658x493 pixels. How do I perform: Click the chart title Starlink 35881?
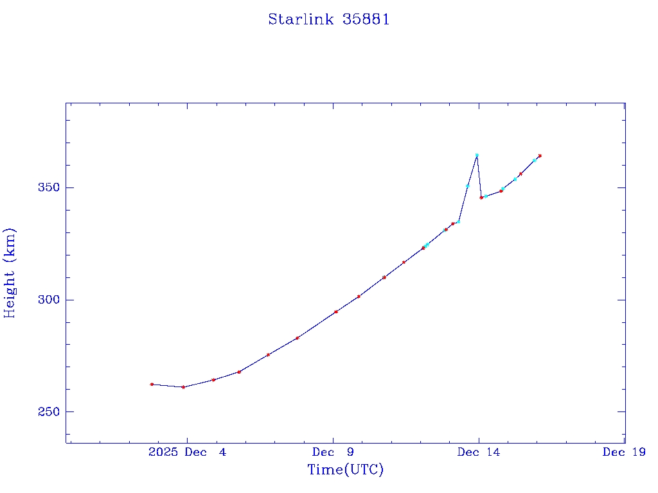coord(329,20)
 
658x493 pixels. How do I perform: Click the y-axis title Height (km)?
coord(10,273)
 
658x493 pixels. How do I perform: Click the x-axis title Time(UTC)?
coord(346,470)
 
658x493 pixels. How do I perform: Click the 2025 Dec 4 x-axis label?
coord(187,452)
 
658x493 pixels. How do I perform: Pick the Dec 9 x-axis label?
coord(333,452)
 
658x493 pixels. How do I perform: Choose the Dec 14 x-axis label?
coord(479,452)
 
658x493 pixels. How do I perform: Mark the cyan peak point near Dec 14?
coord(477,155)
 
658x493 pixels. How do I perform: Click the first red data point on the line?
coord(152,384)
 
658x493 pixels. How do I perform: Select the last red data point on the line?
coord(540,155)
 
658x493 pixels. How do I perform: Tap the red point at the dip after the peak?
coord(481,197)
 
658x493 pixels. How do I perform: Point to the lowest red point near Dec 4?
coord(183,387)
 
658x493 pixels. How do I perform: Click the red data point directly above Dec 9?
coord(335,312)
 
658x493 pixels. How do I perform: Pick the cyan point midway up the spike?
coord(468,186)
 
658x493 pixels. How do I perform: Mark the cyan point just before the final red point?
coord(535,160)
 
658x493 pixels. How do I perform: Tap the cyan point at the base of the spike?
coord(458,221)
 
